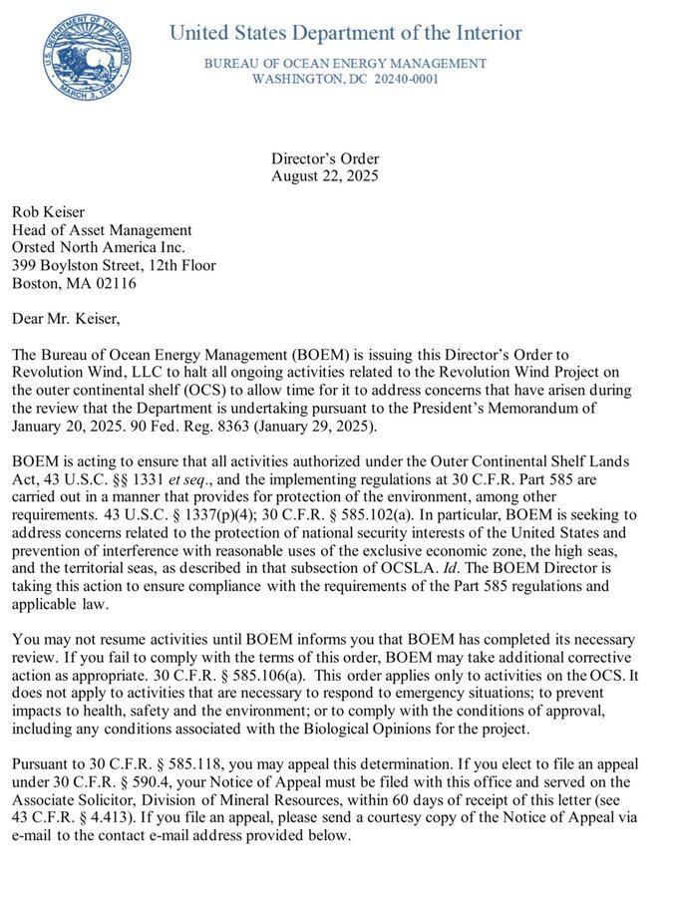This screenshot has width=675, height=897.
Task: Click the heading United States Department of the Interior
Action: coord(345,33)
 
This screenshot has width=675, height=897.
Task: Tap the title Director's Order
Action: coord(325,158)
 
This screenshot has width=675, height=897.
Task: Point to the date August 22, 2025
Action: coord(325,176)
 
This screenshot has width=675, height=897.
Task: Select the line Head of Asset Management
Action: coord(101,230)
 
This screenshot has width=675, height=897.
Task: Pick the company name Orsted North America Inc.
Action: coord(99,248)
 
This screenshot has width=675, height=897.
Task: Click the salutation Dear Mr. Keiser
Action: coord(65,319)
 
